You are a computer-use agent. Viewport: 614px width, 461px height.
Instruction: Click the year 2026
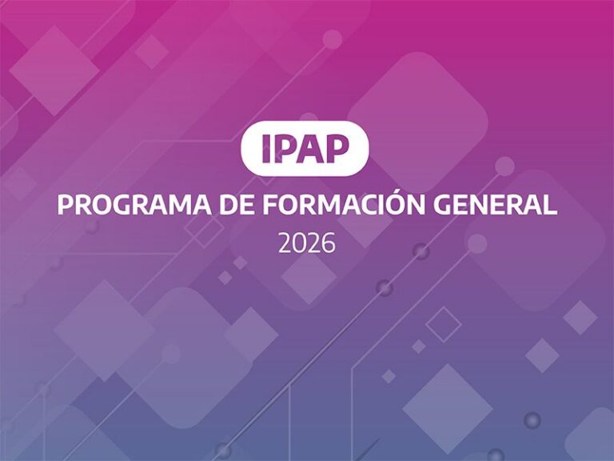tap(307, 243)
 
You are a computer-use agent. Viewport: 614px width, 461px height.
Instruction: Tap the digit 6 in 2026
tap(329, 243)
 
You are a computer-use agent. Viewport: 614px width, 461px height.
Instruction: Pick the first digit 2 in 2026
tap(285, 243)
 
